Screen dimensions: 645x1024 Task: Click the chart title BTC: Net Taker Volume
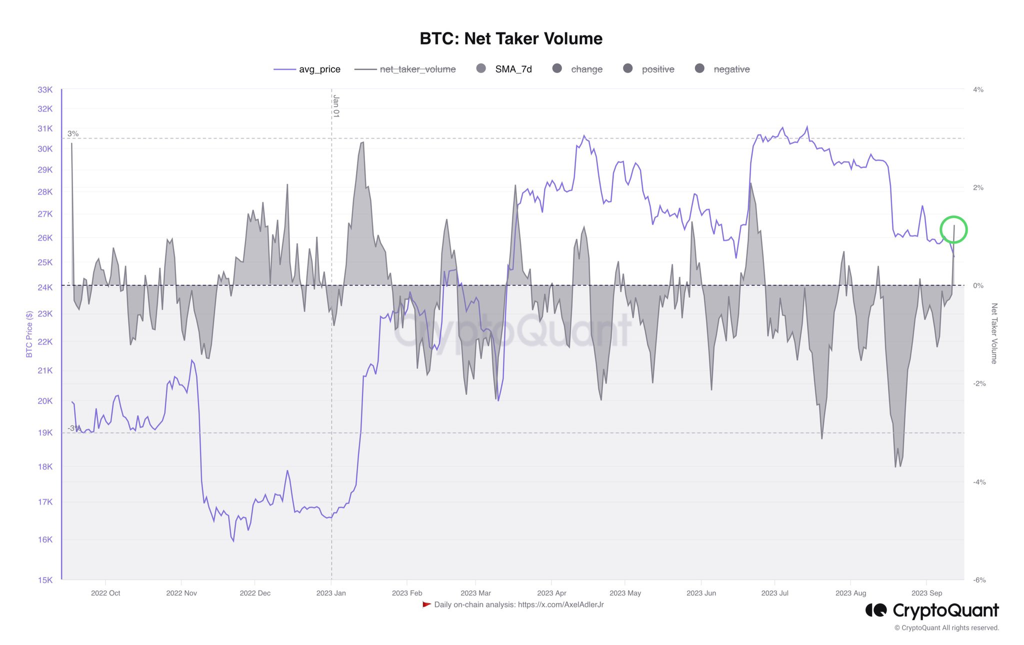click(x=511, y=38)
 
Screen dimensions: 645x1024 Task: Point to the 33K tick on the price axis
click(x=45, y=90)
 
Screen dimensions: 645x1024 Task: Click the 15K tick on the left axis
click(x=45, y=580)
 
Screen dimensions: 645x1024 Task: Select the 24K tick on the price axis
click(x=45, y=287)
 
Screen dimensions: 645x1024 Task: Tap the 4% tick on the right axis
click(x=978, y=90)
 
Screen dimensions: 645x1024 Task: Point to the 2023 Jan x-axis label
click(x=331, y=593)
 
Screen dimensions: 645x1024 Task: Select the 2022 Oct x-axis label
click(x=105, y=593)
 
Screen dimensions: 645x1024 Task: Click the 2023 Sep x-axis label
click(x=926, y=593)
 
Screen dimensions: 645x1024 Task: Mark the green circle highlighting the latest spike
click(x=953, y=229)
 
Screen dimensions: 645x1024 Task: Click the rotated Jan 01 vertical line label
click(x=336, y=106)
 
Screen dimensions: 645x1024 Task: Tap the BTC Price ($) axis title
click(x=29, y=334)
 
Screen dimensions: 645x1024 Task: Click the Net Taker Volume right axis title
click(x=994, y=333)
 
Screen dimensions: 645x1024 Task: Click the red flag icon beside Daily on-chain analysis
click(x=426, y=604)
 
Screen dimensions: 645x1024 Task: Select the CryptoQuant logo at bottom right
click(x=932, y=610)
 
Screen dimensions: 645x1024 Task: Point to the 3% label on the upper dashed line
click(x=73, y=133)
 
